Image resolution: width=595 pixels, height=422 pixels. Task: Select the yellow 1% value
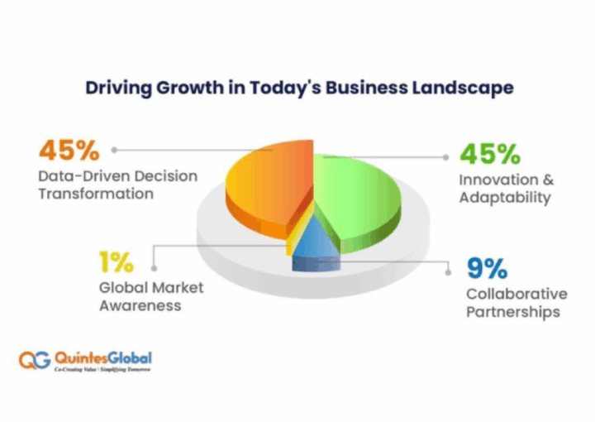click(x=117, y=263)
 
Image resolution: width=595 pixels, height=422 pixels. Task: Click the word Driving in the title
click(x=112, y=87)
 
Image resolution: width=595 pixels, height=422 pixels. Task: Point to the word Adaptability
click(x=504, y=199)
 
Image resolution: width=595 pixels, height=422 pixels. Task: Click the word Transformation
click(x=96, y=194)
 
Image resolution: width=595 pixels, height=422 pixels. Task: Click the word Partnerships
click(x=512, y=312)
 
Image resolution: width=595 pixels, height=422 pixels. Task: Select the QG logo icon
click(x=34, y=361)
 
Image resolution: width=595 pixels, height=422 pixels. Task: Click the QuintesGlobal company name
click(x=103, y=357)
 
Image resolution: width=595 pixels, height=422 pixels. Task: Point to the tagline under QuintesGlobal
click(x=102, y=371)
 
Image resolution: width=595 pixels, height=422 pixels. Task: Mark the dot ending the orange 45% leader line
click(x=114, y=151)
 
